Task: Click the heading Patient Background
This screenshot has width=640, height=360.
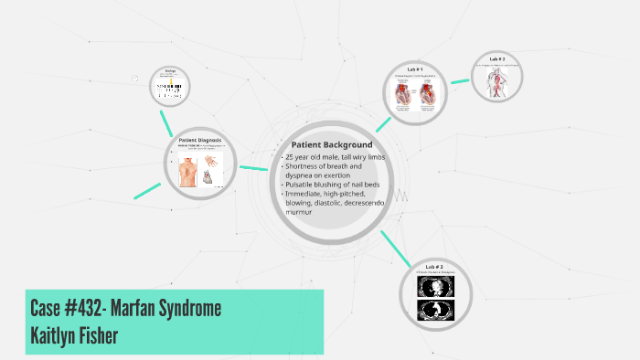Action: (332, 145)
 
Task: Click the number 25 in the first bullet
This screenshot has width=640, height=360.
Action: (291, 157)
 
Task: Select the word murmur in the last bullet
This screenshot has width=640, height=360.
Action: (299, 212)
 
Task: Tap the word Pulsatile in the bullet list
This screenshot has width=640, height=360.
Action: (302, 185)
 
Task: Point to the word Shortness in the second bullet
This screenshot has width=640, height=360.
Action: (305, 166)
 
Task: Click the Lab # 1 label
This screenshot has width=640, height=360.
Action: (414, 69)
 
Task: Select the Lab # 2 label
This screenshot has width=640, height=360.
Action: (496, 58)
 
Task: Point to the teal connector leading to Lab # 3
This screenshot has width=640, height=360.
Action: (394, 245)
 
